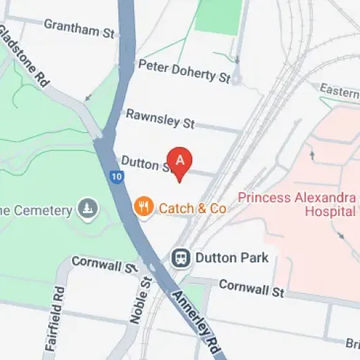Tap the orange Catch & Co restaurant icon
[144, 207]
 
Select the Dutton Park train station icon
[180, 257]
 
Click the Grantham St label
[79, 28]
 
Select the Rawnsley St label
[160, 119]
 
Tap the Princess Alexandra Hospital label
[297, 204]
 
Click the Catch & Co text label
[193, 208]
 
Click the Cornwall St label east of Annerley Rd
[251, 288]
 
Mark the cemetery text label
[36, 210]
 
